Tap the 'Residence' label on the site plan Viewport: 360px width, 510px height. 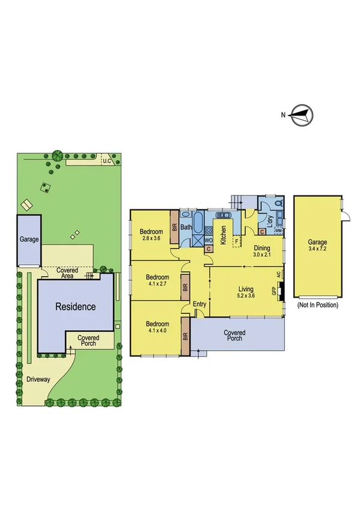(x=76, y=307)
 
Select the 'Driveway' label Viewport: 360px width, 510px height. (x=38, y=379)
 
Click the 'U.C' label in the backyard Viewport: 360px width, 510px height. (x=107, y=161)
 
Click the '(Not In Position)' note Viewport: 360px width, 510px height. (x=317, y=305)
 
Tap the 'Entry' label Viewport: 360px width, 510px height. (x=200, y=304)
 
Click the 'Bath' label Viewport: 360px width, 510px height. (x=186, y=227)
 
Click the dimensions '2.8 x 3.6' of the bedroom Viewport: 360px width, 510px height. (x=151, y=239)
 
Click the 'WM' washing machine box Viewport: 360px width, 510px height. (x=278, y=231)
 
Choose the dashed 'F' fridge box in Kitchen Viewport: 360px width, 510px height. (x=237, y=242)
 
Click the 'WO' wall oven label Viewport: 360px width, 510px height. (x=209, y=240)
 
